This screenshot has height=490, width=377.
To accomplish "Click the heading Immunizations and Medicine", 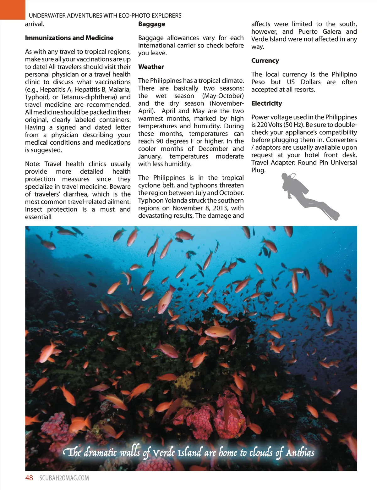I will [x=69, y=38].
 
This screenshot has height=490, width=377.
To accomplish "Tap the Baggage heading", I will [x=152, y=24].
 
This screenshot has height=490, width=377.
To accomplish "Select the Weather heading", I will [x=151, y=67].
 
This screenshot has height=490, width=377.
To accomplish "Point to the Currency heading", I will [x=265, y=61].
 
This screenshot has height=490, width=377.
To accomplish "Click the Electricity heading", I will [x=267, y=103].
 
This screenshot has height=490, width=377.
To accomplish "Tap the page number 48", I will [x=29, y=478].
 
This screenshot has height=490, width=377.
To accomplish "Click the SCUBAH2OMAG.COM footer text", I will [x=64, y=478].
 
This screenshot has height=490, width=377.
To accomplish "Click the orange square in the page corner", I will [x=12, y=9].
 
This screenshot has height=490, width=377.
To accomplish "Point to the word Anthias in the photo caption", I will [x=300, y=453].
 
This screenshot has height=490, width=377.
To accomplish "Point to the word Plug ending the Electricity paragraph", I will [x=258, y=170].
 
